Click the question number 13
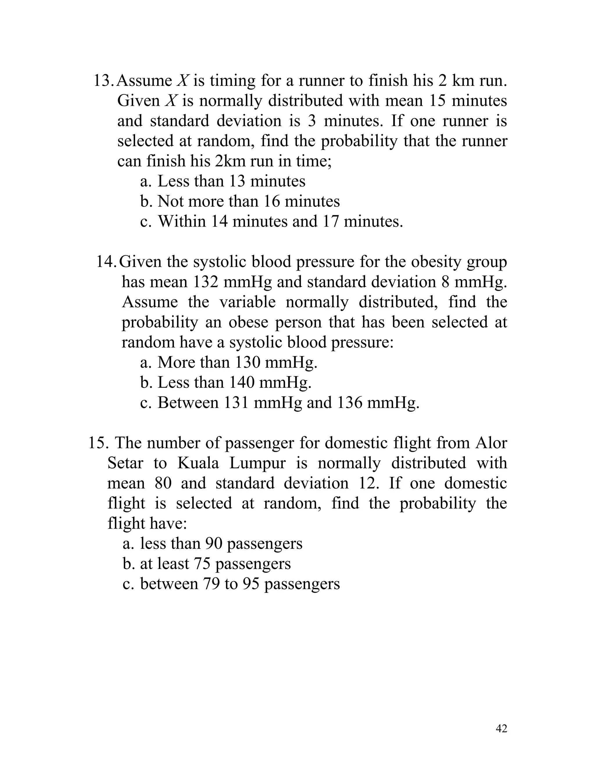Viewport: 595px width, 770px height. pos(103,81)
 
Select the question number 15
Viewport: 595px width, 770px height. pos(98,443)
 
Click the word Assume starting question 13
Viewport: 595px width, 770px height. pos(144,81)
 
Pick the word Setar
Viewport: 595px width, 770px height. pos(125,463)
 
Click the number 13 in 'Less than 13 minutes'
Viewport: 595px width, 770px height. pos(238,182)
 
